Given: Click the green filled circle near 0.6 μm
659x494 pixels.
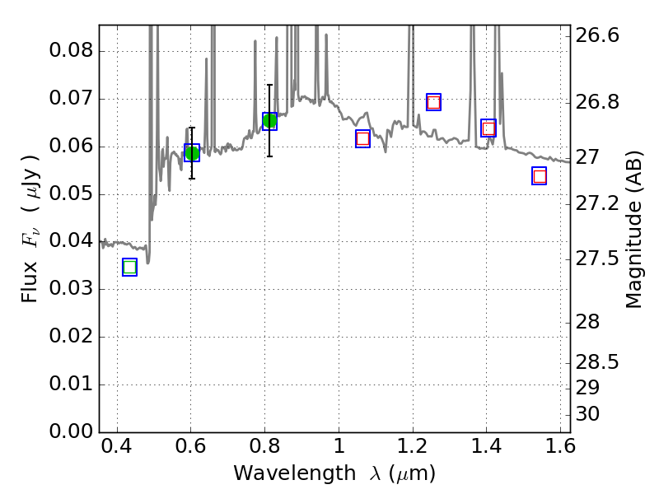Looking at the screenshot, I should (x=192, y=153).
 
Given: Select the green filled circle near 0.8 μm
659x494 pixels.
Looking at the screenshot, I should (x=269, y=121).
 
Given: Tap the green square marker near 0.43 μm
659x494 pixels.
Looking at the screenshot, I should (x=129, y=267).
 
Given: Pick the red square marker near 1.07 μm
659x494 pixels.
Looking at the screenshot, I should (x=362, y=138).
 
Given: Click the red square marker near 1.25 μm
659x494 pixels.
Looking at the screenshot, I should (x=433, y=102).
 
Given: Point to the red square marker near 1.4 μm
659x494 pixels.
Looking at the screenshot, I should (x=488, y=128).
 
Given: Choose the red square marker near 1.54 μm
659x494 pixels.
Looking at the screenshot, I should (x=540, y=176).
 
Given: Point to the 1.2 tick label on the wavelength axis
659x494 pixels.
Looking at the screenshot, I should (x=412, y=450).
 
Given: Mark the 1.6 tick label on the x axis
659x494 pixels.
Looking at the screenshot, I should (x=559, y=450).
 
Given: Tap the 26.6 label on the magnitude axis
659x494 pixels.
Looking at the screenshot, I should (x=598, y=36).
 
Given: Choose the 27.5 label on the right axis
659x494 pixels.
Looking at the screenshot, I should (x=598, y=259).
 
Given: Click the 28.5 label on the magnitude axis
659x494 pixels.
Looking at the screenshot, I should (x=598, y=363).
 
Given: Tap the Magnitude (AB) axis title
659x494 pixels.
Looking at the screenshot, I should (x=633, y=229).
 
